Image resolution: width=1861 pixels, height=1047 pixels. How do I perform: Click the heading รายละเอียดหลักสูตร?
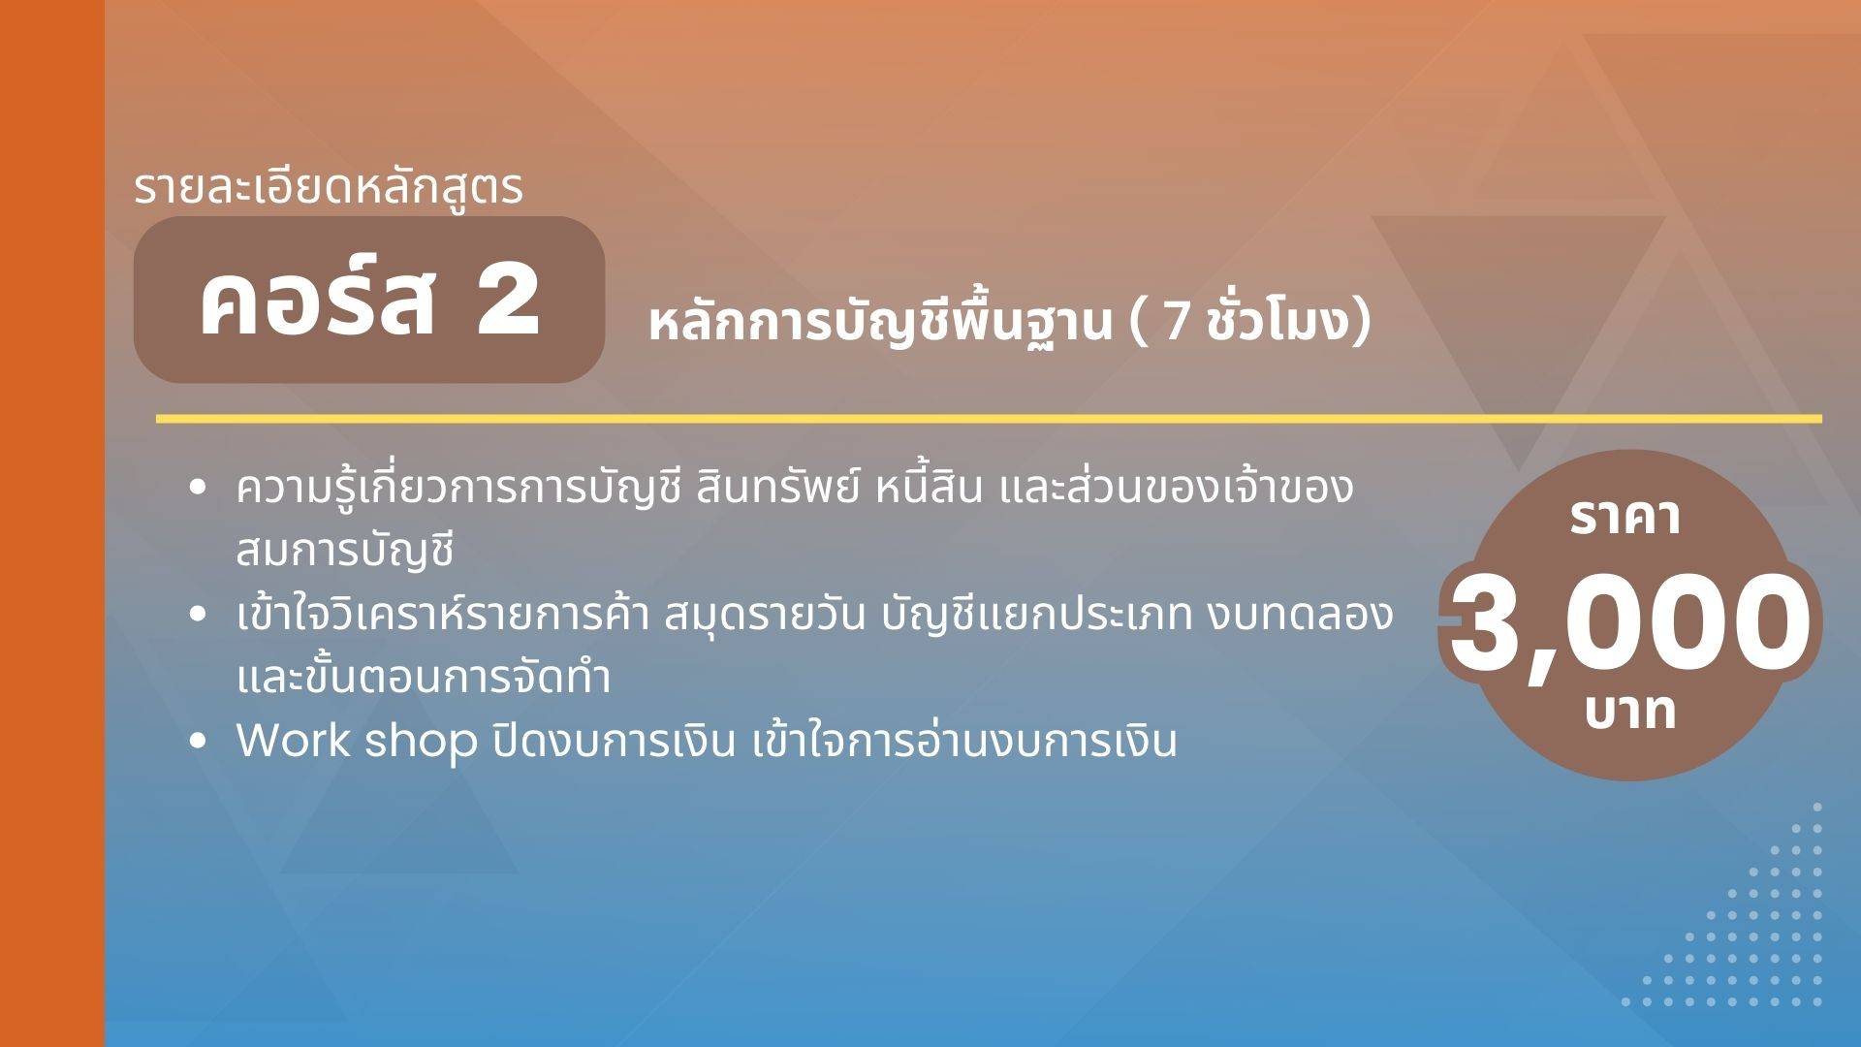(x=328, y=188)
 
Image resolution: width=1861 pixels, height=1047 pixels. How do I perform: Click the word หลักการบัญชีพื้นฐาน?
(x=880, y=324)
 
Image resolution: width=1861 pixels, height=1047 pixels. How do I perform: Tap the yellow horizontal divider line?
(x=989, y=419)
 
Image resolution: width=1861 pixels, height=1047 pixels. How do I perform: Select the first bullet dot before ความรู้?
(x=199, y=489)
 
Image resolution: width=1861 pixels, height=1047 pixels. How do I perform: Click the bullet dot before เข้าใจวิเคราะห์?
(x=199, y=614)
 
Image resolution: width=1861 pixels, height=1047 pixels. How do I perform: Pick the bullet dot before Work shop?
(x=199, y=741)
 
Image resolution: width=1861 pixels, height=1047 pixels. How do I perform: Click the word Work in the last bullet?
(x=293, y=741)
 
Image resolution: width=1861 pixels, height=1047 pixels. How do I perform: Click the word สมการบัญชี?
(x=345, y=551)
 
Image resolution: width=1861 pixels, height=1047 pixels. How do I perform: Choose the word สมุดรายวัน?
(x=764, y=615)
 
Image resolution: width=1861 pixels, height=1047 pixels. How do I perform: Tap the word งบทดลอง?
(x=1300, y=615)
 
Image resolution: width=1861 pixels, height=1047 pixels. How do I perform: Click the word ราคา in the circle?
(x=1625, y=518)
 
